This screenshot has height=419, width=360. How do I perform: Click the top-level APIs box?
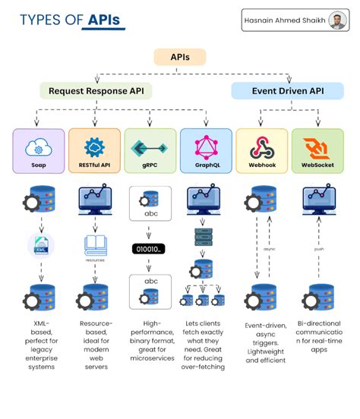(x=180, y=57)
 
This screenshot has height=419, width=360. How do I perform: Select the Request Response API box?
(x=96, y=91)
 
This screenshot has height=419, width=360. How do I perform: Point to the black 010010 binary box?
(x=150, y=249)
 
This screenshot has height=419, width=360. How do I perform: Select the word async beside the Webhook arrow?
(x=269, y=248)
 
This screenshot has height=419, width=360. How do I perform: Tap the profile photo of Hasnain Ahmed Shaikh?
(x=339, y=20)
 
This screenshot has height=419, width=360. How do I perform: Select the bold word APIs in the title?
(x=103, y=20)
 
